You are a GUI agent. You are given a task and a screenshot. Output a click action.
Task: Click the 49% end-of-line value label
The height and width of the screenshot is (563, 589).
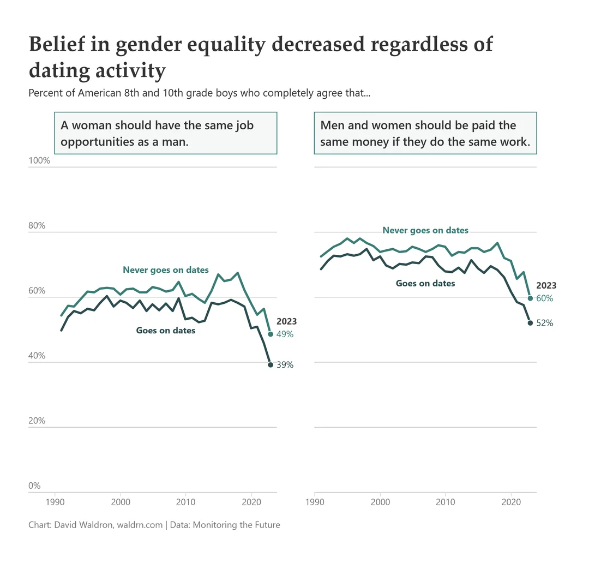click(x=285, y=334)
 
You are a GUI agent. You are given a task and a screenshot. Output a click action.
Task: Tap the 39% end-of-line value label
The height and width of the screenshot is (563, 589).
click(x=285, y=365)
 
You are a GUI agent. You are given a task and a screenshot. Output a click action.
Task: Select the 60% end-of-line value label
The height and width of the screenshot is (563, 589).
click(x=544, y=298)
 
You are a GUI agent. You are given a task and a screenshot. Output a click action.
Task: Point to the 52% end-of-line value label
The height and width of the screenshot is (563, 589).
click(x=544, y=323)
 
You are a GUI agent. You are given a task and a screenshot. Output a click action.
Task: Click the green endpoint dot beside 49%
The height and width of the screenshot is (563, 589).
click(x=271, y=334)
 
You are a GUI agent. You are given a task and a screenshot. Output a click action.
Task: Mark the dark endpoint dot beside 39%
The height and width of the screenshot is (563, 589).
click(x=271, y=365)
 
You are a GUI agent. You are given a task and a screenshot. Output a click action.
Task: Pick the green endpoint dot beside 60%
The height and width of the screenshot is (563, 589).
click(x=530, y=298)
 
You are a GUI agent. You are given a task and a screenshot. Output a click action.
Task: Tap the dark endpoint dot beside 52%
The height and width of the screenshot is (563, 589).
click(x=530, y=323)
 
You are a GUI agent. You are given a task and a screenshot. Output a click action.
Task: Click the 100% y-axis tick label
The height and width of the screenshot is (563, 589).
click(x=39, y=161)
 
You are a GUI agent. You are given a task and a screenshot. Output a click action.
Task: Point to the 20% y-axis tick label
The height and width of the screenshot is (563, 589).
click(x=37, y=421)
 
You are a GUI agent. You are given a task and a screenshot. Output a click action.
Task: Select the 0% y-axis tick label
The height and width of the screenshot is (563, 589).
click(x=34, y=486)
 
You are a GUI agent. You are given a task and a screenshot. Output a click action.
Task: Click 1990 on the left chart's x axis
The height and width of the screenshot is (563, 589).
click(x=55, y=501)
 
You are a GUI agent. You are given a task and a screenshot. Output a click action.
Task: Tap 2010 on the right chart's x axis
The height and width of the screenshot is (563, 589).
click(x=446, y=501)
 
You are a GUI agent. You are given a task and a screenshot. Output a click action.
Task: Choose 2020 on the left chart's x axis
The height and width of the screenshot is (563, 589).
click(x=251, y=501)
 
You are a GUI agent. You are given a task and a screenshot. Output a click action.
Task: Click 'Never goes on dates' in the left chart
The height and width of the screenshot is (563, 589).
click(x=166, y=269)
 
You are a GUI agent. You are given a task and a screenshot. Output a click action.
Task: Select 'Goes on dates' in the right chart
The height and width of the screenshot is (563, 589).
click(x=425, y=283)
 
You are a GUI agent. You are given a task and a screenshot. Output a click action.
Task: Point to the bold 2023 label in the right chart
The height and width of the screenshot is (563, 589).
click(x=546, y=285)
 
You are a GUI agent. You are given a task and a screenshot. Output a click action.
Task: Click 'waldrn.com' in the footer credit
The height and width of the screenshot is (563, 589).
click(x=140, y=525)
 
